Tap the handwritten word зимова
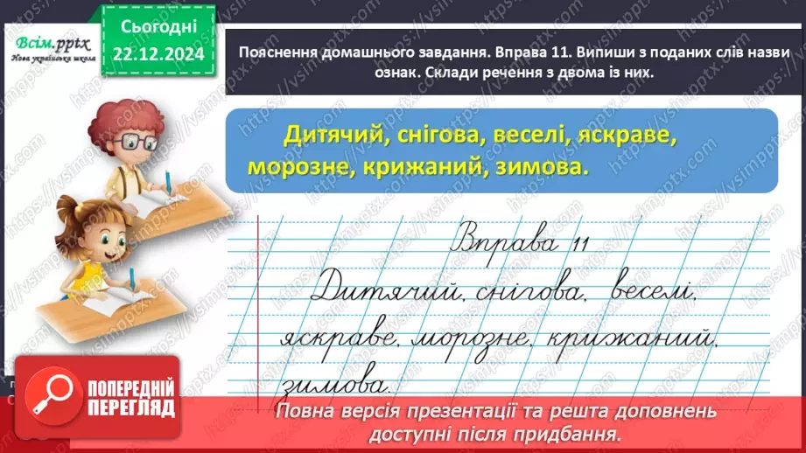(x=335, y=383)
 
